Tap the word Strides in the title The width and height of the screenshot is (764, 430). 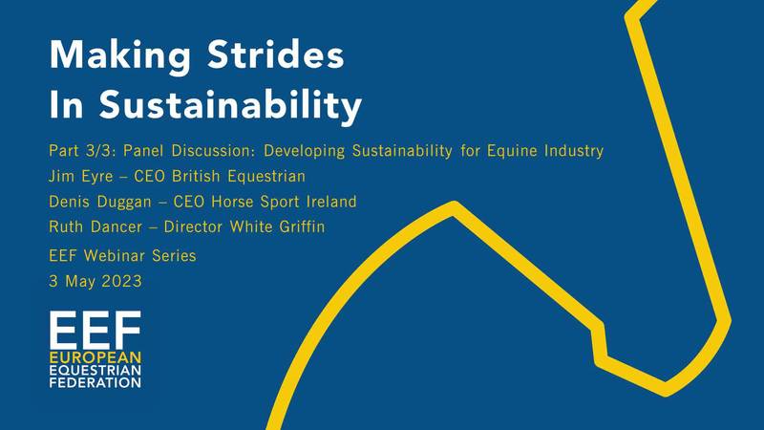276,54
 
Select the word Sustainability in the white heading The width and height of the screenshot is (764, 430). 231,105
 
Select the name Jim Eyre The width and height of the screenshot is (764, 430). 81,177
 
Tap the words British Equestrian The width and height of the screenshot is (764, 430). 239,177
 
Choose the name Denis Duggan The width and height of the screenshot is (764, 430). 100,202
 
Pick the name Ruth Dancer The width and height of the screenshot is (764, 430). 95,226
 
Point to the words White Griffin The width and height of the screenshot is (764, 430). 277,226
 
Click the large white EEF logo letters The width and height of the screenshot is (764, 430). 95,329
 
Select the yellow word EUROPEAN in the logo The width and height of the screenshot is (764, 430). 95,357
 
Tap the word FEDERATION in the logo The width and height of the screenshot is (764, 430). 95,382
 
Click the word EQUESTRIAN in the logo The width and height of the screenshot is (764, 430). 95,370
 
